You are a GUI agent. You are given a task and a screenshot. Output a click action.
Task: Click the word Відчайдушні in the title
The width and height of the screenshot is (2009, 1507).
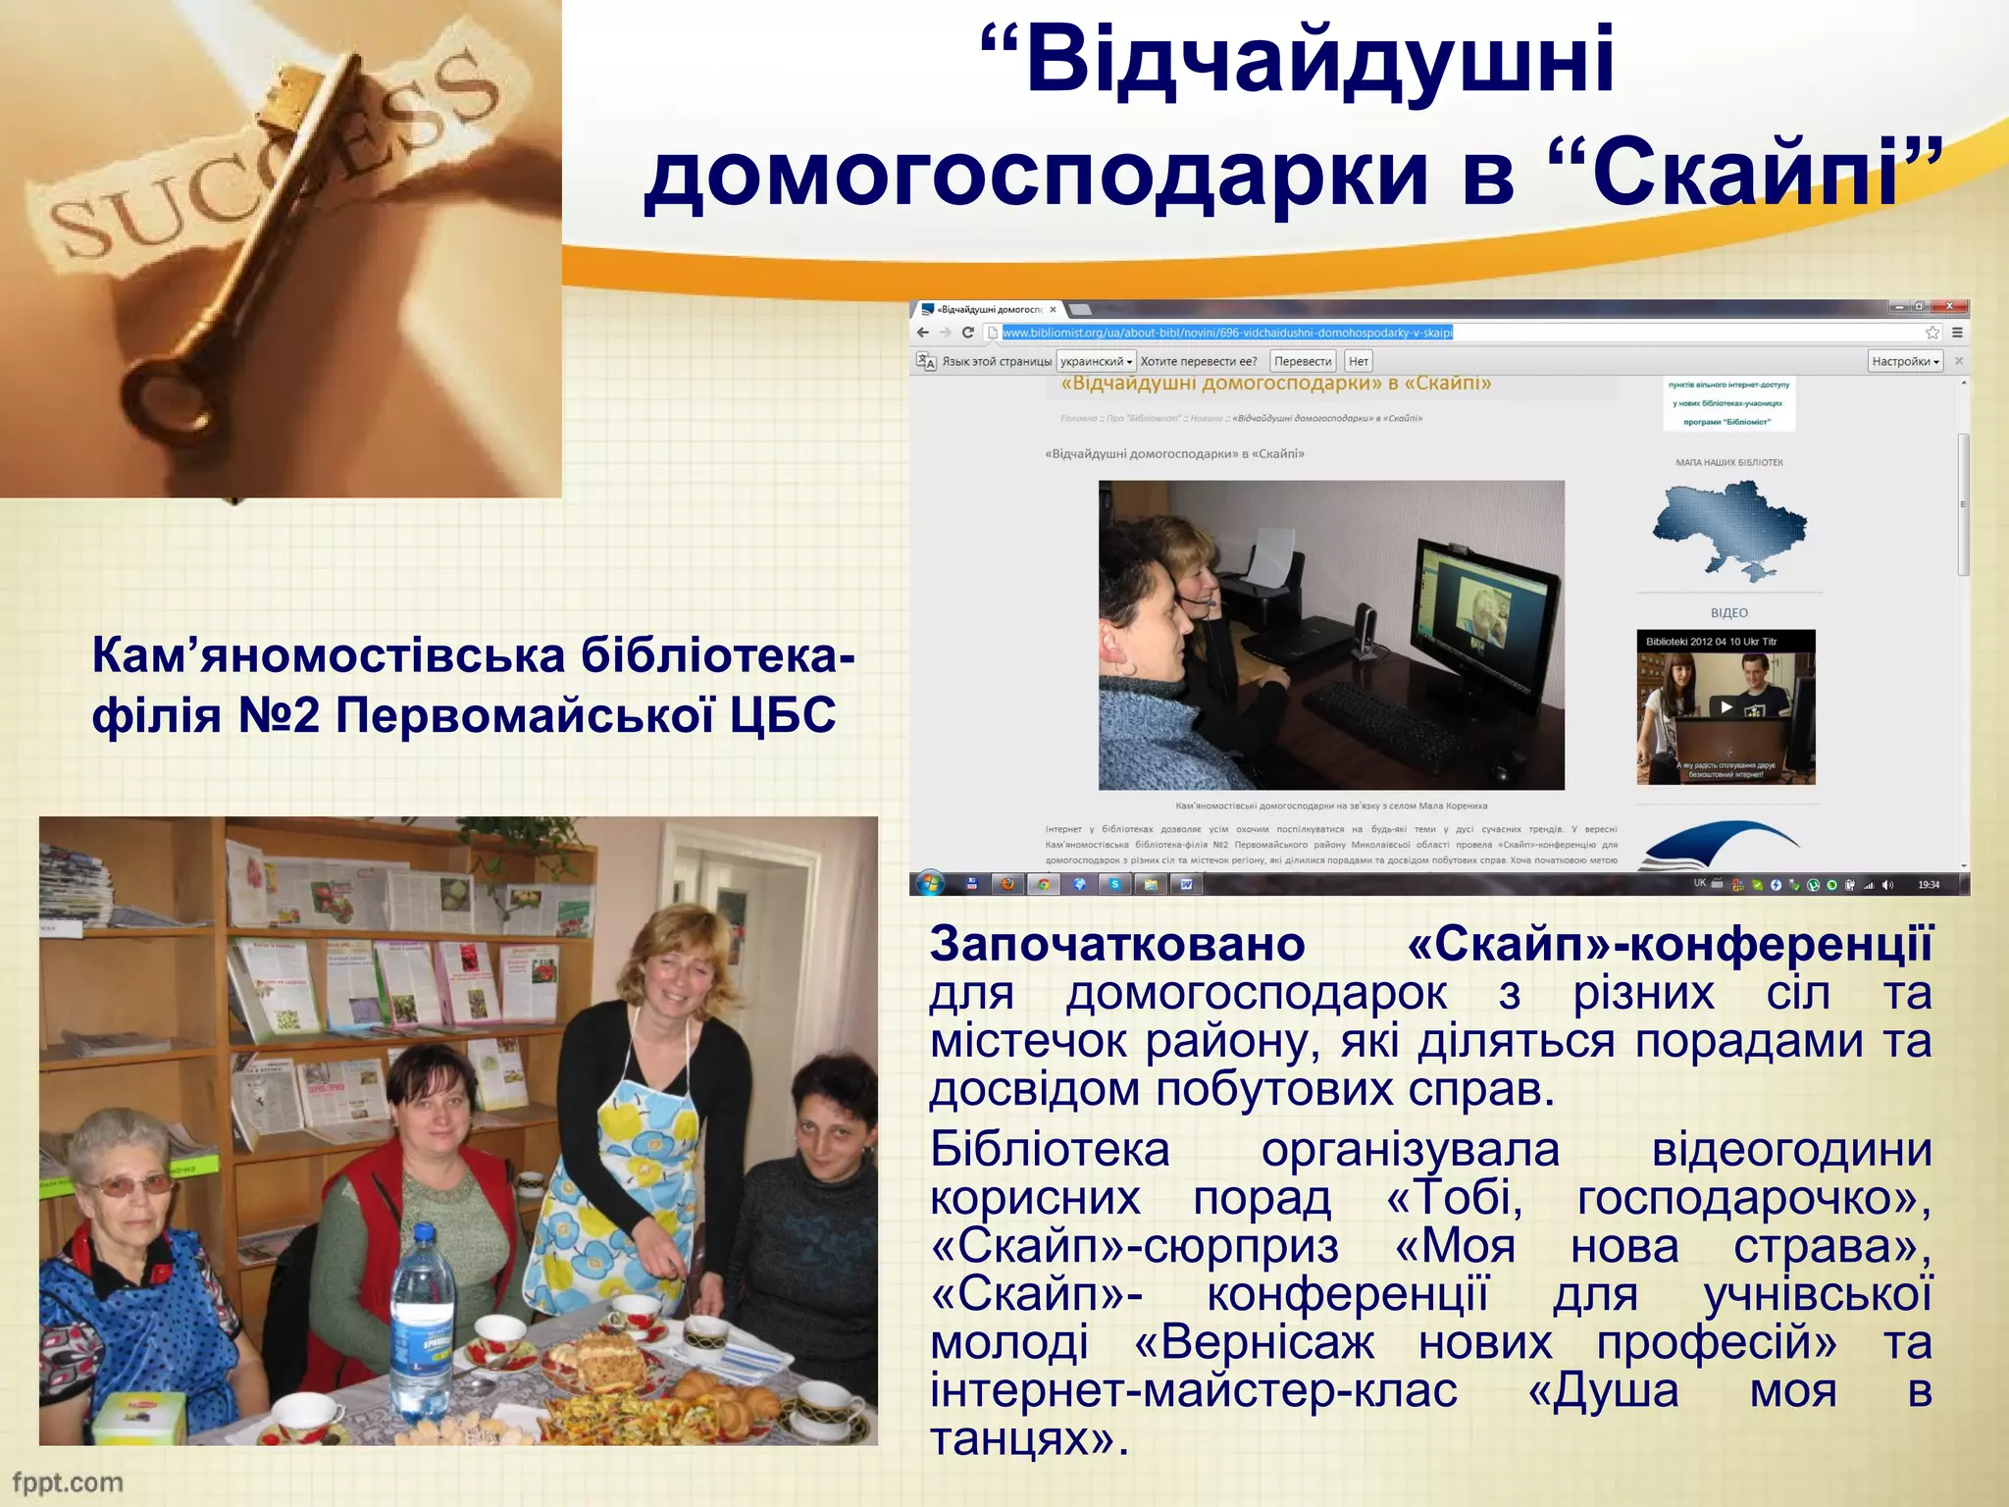click(x=1319, y=61)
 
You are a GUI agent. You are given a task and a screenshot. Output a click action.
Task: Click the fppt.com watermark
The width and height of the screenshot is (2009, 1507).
click(x=67, y=1481)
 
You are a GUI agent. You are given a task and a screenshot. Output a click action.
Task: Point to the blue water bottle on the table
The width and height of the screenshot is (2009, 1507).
click(x=422, y=1315)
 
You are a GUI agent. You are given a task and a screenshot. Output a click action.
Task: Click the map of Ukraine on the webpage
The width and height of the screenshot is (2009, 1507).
click(x=1728, y=527)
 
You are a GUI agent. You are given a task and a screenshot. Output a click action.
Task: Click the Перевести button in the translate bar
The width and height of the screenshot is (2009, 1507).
click(x=1302, y=361)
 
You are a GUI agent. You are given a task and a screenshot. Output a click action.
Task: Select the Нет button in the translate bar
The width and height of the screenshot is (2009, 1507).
click(x=1358, y=361)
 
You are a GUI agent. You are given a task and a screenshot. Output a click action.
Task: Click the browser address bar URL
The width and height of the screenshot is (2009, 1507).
click(x=1226, y=333)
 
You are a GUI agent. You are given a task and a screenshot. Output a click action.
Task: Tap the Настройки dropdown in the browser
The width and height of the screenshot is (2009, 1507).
click(x=1904, y=361)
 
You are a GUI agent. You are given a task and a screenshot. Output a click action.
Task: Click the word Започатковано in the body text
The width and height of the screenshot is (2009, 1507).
click(x=1116, y=944)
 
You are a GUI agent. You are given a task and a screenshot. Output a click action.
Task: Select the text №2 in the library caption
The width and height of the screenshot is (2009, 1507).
click(x=280, y=715)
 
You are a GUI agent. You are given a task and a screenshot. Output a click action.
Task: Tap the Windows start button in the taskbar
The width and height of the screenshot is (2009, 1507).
click(x=930, y=884)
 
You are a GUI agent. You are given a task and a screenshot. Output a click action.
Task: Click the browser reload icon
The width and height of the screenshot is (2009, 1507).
click(x=968, y=333)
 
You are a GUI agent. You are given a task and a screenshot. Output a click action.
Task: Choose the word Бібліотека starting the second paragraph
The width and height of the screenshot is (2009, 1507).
click(x=1050, y=1150)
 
